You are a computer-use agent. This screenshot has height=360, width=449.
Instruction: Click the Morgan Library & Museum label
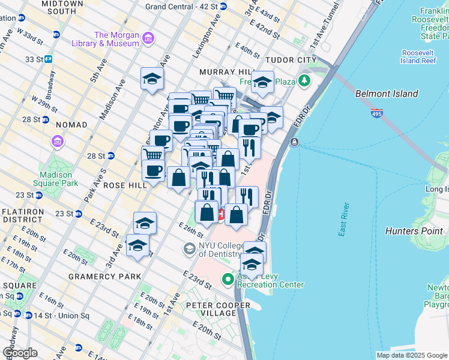click(x=117, y=39)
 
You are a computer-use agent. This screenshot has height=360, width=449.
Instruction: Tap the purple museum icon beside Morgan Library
click(x=148, y=39)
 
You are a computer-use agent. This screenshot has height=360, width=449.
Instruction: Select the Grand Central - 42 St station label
click(x=182, y=7)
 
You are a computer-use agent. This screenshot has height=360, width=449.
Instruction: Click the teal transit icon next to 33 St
click(x=48, y=59)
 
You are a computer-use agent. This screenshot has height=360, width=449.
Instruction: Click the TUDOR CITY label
click(x=292, y=61)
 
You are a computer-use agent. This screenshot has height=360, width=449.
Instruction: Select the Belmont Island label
click(x=386, y=94)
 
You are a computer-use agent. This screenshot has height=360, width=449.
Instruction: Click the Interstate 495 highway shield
click(x=376, y=113)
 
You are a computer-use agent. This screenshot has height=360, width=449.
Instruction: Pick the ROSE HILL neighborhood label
click(x=125, y=185)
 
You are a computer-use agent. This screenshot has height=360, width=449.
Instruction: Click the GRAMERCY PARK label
click(x=104, y=277)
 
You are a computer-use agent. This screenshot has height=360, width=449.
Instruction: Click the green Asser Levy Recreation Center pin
click(x=228, y=279)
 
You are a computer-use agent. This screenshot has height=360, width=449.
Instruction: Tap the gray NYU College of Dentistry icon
click(x=189, y=248)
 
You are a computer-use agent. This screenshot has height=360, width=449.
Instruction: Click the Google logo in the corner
click(x=20, y=353)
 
